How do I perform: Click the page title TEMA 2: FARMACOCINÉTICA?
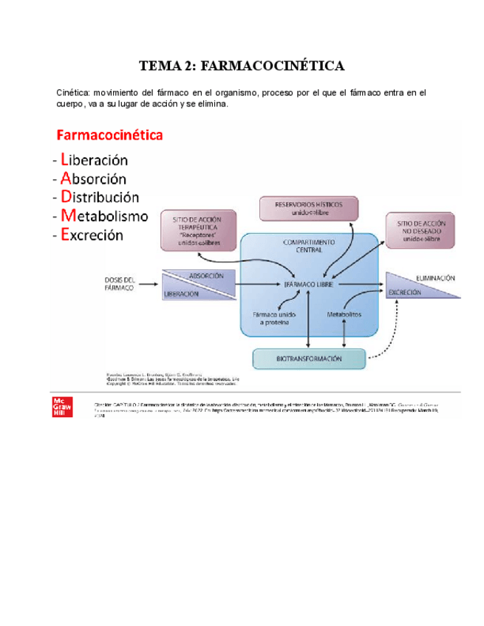click(x=242, y=66)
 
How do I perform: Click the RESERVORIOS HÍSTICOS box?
click(x=308, y=208)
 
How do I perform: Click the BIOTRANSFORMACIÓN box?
click(x=309, y=359)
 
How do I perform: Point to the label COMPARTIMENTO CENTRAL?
click(x=309, y=246)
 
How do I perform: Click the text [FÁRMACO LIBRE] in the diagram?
click(x=310, y=283)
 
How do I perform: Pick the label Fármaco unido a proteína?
click(x=271, y=317)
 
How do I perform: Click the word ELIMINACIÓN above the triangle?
click(x=435, y=278)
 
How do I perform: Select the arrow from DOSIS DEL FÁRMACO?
click(x=150, y=283)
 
